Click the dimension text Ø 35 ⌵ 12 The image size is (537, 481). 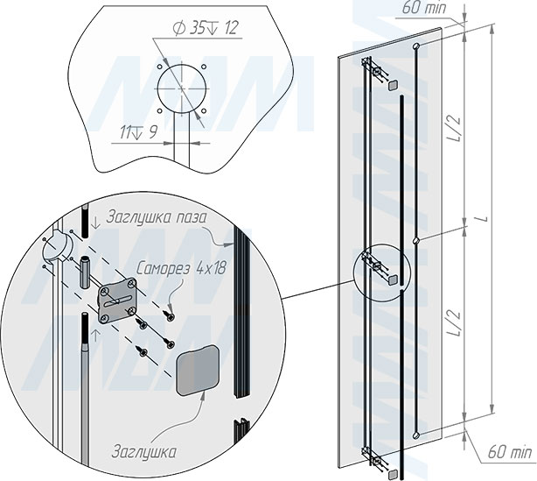click(206, 28)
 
